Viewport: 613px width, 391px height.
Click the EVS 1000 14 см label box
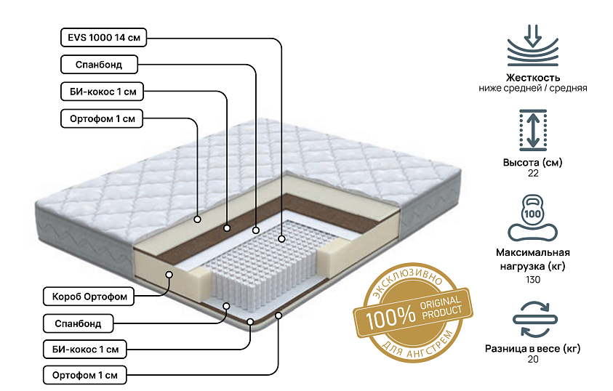tap(103, 38)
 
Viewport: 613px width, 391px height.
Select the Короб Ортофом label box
tap(89, 297)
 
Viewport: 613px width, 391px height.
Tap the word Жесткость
tap(533, 77)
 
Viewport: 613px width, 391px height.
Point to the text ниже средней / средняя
tap(533, 88)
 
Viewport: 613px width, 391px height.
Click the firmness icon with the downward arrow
tap(533, 45)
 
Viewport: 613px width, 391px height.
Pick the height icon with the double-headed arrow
tap(533, 130)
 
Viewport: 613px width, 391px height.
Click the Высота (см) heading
tap(533, 162)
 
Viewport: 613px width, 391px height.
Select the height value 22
tap(533, 173)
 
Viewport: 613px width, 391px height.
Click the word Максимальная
tap(533, 252)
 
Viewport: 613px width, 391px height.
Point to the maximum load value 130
tap(533, 280)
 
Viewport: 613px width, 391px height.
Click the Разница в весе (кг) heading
tap(533, 348)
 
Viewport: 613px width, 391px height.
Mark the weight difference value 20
tap(533, 359)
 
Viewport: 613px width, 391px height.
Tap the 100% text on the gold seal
tap(390, 316)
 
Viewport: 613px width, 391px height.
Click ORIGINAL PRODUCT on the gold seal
tap(441, 307)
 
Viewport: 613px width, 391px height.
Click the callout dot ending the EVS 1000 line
tap(281, 238)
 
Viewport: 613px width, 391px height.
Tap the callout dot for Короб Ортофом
tap(169, 275)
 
